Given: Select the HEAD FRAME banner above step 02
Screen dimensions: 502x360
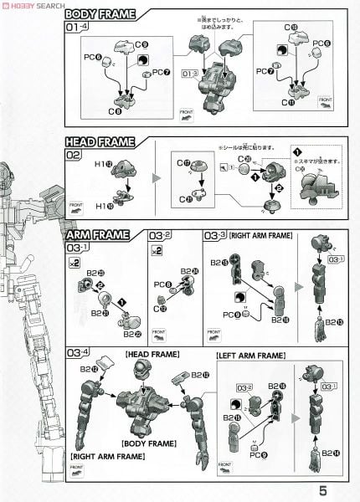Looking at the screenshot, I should click(99, 141).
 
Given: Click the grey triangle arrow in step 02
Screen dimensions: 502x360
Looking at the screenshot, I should click(155, 177).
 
